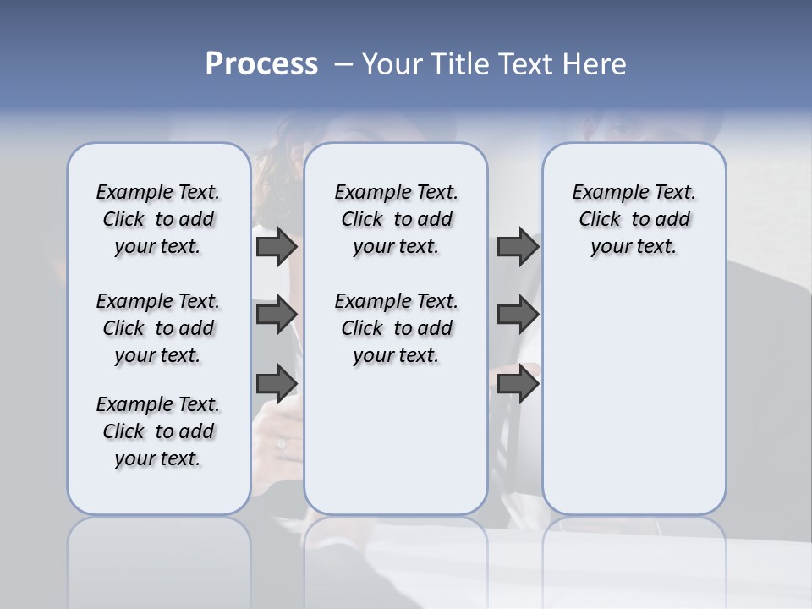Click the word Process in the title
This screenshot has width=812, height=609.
tap(261, 64)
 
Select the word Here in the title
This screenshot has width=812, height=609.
tap(596, 64)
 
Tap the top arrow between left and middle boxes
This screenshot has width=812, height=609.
tap(277, 247)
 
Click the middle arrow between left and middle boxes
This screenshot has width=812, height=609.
tap(277, 315)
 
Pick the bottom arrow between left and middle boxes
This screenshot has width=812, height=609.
tap(277, 383)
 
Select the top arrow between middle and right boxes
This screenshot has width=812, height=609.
tap(518, 247)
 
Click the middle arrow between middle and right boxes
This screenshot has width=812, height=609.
tap(518, 315)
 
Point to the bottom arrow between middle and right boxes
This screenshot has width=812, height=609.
tap(518, 383)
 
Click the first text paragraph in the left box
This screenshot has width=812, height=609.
tap(158, 219)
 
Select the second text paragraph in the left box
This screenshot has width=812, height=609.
tap(158, 328)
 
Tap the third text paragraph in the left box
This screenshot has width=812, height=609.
tap(158, 431)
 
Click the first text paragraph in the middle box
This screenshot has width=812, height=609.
tap(396, 219)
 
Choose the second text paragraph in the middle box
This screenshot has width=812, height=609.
tap(396, 328)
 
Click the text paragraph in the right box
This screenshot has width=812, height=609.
tap(634, 219)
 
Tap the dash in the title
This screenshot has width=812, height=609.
tap(343, 64)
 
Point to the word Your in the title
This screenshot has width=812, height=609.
tap(392, 64)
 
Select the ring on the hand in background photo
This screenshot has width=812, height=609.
tap(282, 444)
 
